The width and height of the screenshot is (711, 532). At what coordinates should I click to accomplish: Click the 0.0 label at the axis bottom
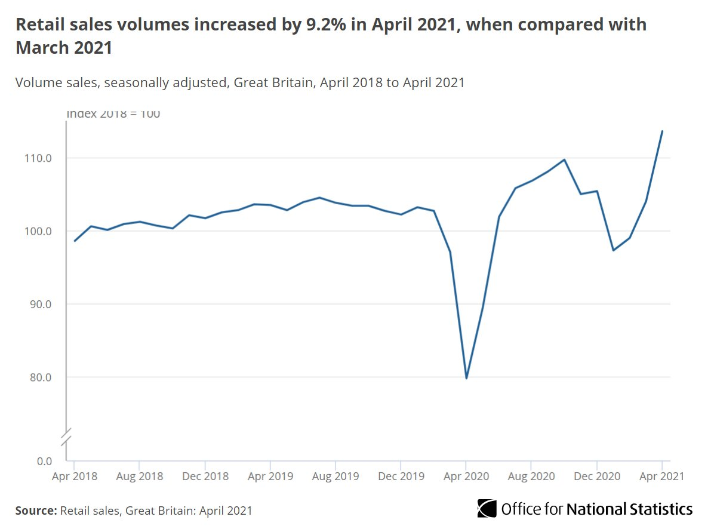(x=44, y=461)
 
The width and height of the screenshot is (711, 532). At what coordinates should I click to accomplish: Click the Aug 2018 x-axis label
(x=139, y=476)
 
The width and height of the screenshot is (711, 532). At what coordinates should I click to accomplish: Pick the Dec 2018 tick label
(x=205, y=476)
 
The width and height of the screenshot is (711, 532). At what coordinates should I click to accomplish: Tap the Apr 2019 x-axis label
(x=270, y=476)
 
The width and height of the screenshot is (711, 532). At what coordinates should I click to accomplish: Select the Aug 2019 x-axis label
(x=336, y=476)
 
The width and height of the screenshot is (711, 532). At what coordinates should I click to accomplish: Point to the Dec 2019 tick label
(x=401, y=476)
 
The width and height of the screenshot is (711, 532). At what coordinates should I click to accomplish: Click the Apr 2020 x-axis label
(x=466, y=476)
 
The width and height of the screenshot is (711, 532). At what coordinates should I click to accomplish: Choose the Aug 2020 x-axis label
(x=531, y=476)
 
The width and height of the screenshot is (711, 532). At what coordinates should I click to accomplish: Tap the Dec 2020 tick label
(x=596, y=476)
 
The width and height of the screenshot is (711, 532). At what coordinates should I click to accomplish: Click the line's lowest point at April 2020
(x=466, y=378)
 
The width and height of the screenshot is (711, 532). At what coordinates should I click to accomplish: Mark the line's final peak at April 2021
(x=662, y=131)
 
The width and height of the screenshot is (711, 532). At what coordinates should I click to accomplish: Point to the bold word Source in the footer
(x=36, y=511)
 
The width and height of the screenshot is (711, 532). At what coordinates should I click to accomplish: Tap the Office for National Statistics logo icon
(x=487, y=509)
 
